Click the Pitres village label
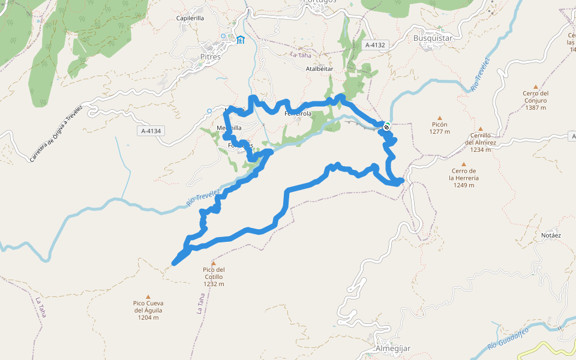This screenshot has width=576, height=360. coord(210,57)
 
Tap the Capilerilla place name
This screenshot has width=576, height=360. coord(190,19)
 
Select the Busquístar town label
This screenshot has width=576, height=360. coord(433,38)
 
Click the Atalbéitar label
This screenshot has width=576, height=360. coord(319,69)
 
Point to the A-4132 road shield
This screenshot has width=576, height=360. coord(378,45)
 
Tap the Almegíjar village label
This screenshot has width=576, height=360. coord(392,349)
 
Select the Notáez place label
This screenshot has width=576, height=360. coord(551,235)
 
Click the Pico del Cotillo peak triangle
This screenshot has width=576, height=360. coord(213,263)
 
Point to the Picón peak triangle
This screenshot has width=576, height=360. coord(439,118)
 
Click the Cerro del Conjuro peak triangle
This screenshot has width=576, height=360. coord(536,86)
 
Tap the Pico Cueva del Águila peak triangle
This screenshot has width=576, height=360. coord(148,296)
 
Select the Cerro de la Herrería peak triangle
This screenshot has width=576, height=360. coord(463,164)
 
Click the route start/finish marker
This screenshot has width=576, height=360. coord(387,127)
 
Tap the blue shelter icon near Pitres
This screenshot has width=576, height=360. coord(241,40)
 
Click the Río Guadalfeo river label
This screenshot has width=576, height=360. coord(508,338)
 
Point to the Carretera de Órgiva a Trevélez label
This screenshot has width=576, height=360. coord(56,133)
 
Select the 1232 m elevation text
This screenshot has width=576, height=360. coord(214,284)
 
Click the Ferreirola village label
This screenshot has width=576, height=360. coord(298,113)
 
